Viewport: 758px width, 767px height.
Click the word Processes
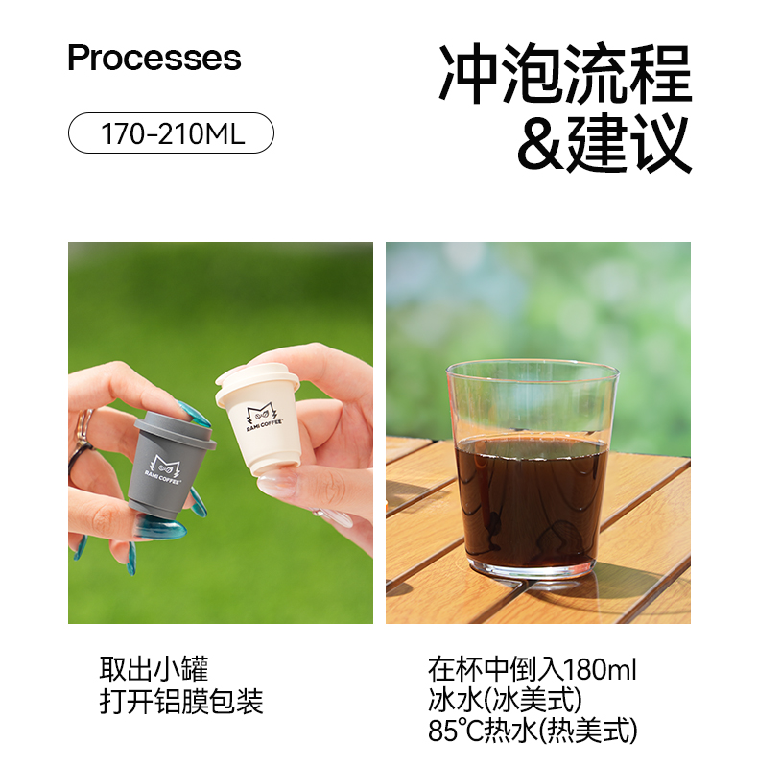point(154,58)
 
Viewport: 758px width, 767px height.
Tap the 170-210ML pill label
point(171,133)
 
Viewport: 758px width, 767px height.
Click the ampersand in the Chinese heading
point(541,144)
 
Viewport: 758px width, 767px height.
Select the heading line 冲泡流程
point(565,73)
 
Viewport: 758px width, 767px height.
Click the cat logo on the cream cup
point(262,418)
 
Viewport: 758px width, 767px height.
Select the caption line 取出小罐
point(154,669)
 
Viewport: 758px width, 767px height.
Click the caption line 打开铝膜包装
point(181,701)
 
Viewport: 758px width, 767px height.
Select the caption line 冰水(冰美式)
point(505,700)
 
